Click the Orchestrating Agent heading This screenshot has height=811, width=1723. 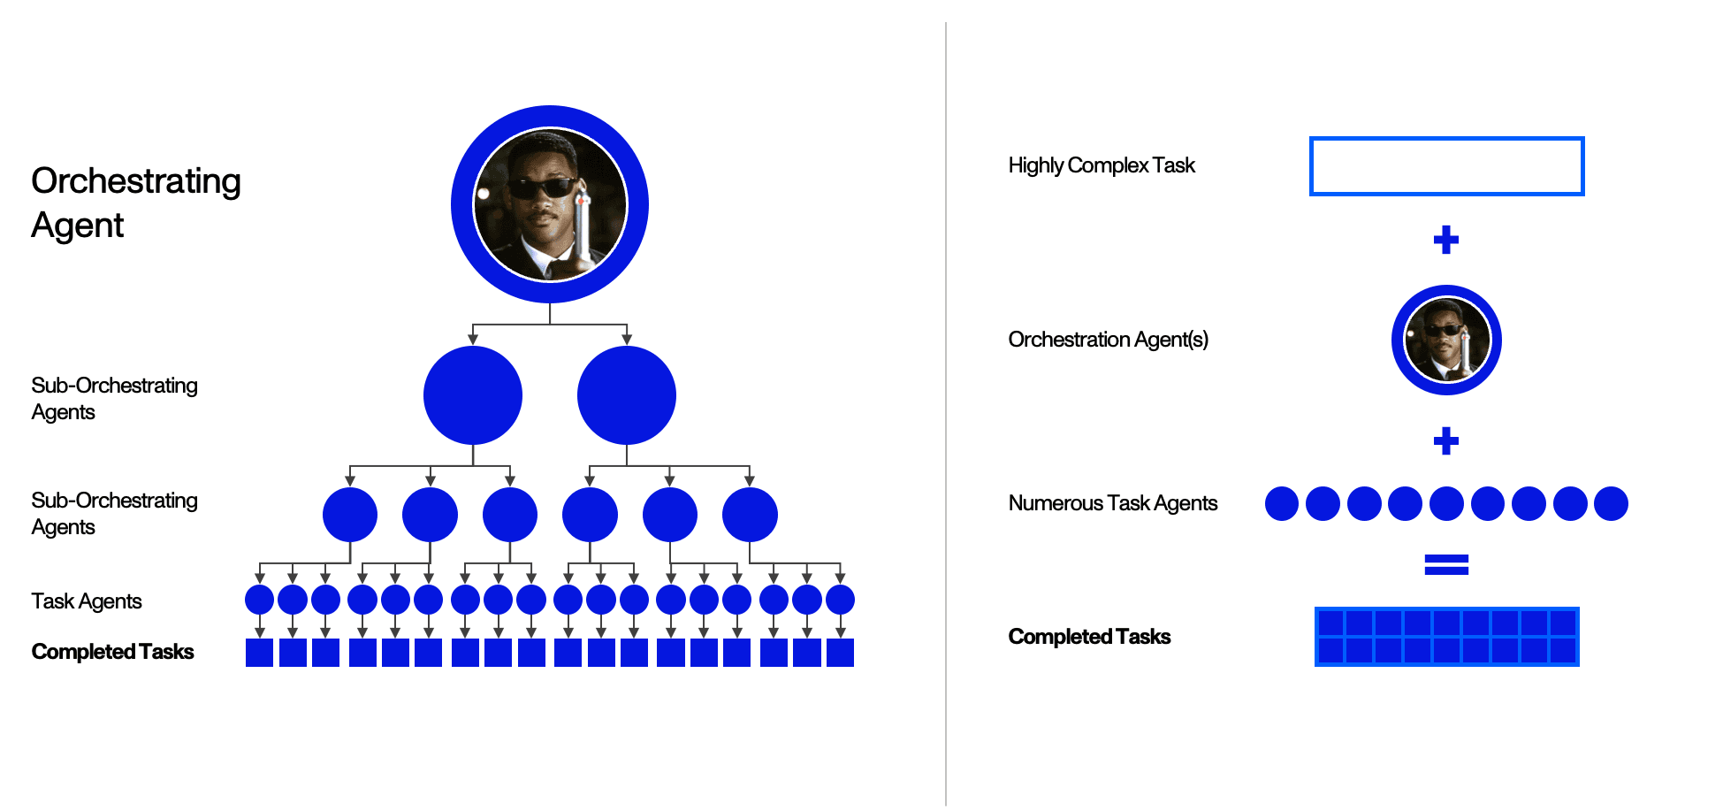click(x=135, y=203)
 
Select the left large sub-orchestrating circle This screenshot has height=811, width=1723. click(x=473, y=395)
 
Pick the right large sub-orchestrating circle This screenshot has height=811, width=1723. click(x=627, y=395)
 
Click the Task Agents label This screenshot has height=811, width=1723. click(x=87, y=601)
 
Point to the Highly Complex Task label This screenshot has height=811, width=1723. click(x=1102, y=165)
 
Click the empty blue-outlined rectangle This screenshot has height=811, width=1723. click(x=1446, y=166)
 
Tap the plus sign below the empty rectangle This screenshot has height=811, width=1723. click(x=1446, y=240)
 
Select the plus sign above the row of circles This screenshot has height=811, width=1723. click(x=1446, y=440)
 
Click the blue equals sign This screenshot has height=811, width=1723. click(x=1446, y=564)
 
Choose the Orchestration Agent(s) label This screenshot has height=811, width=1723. click(x=1108, y=340)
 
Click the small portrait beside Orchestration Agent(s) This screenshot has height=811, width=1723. click(x=1446, y=340)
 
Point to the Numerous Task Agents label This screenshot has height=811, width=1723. click(x=1113, y=503)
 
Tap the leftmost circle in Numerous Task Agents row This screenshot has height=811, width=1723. click(x=1282, y=503)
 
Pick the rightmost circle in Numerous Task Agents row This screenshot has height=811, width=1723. click(x=1611, y=503)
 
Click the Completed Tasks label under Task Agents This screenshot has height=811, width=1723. click(x=112, y=652)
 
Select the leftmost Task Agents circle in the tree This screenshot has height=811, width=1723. click(x=259, y=600)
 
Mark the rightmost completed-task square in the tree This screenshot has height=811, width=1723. click(x=840, y=653)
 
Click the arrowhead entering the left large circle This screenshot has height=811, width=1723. click(x=473, y=340)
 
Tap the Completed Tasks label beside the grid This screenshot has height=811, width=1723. click(x=1089, y=637)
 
